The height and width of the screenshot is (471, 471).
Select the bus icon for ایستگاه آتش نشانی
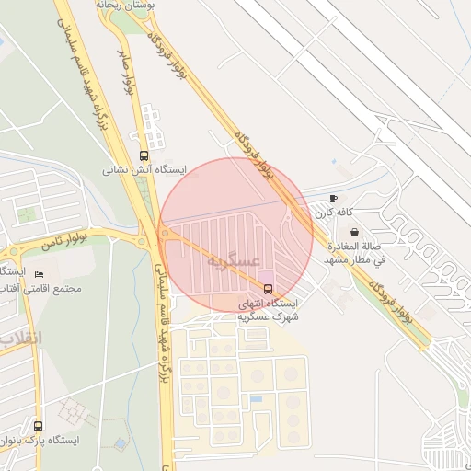(x=143, y=155)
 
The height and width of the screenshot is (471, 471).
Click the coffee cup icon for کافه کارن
(x=333, y=198)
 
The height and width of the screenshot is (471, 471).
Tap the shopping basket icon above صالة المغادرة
(x=355, y=233)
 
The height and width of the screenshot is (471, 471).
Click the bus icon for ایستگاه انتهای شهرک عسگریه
(x=268, y=290)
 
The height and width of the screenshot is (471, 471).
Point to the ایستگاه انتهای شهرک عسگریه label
(x=268, y=309)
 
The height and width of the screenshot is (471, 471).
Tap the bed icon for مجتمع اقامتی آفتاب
(x=38, y=274)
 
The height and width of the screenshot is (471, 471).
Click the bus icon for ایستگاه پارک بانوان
(x=38, y=426)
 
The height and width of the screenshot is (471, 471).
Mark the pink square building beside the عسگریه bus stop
(x=266, y=276)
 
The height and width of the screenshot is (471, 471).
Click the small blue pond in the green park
(x=121, y=443)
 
